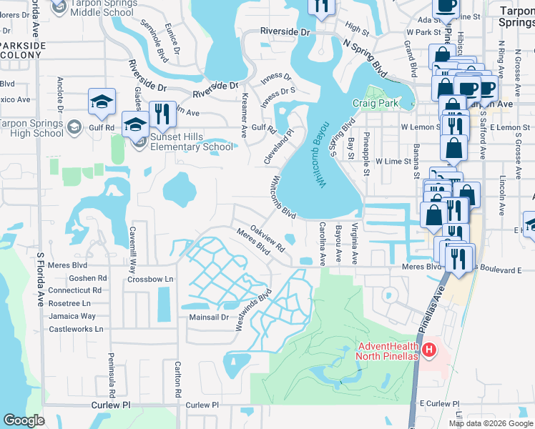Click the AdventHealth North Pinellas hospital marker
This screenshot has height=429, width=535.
(428, 350)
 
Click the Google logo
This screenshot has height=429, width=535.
(24, 420)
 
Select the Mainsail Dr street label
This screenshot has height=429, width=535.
(208, 316)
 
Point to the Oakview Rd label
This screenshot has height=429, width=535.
(268, 240)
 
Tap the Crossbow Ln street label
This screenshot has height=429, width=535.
(150, 279)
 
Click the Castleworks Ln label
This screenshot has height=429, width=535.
(76, 329)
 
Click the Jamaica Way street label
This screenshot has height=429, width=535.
(72, 316)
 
